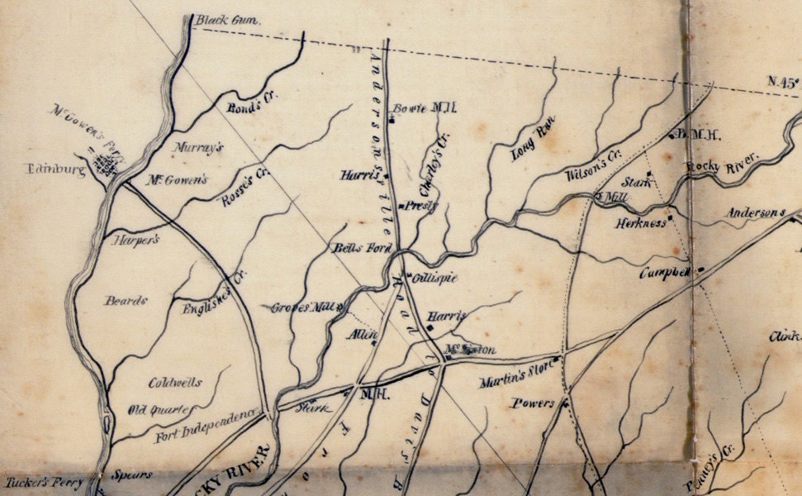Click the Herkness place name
pyautogui.click(x=639, y=223)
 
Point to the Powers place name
pyautogui.click(x=533, y=404)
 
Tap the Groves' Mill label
pyautogui.click(x=301, y=308)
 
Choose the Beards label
pyautogui.click(x=125, y=301)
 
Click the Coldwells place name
pyautogui.click(x=174, y=383)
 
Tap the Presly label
pyautogui.click(x=421, y=206)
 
